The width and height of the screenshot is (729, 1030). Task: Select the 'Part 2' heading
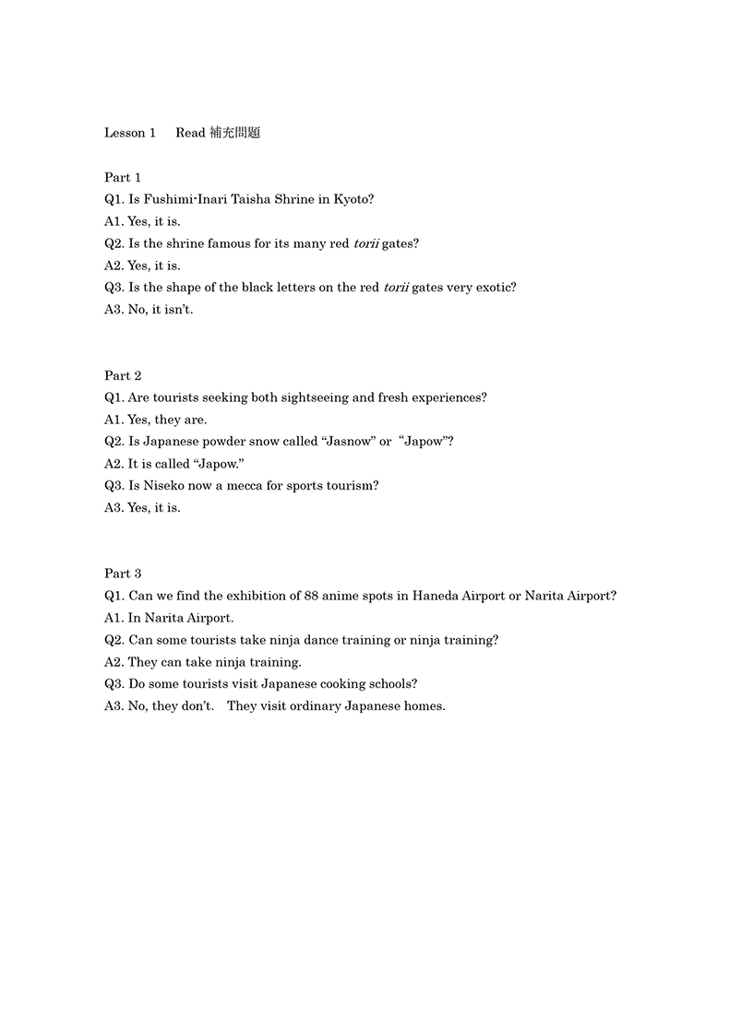[123, 375]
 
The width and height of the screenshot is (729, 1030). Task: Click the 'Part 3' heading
[123, 574]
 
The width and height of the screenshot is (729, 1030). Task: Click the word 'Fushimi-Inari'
[189, 199]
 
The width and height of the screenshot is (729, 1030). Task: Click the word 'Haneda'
[422, 596]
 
